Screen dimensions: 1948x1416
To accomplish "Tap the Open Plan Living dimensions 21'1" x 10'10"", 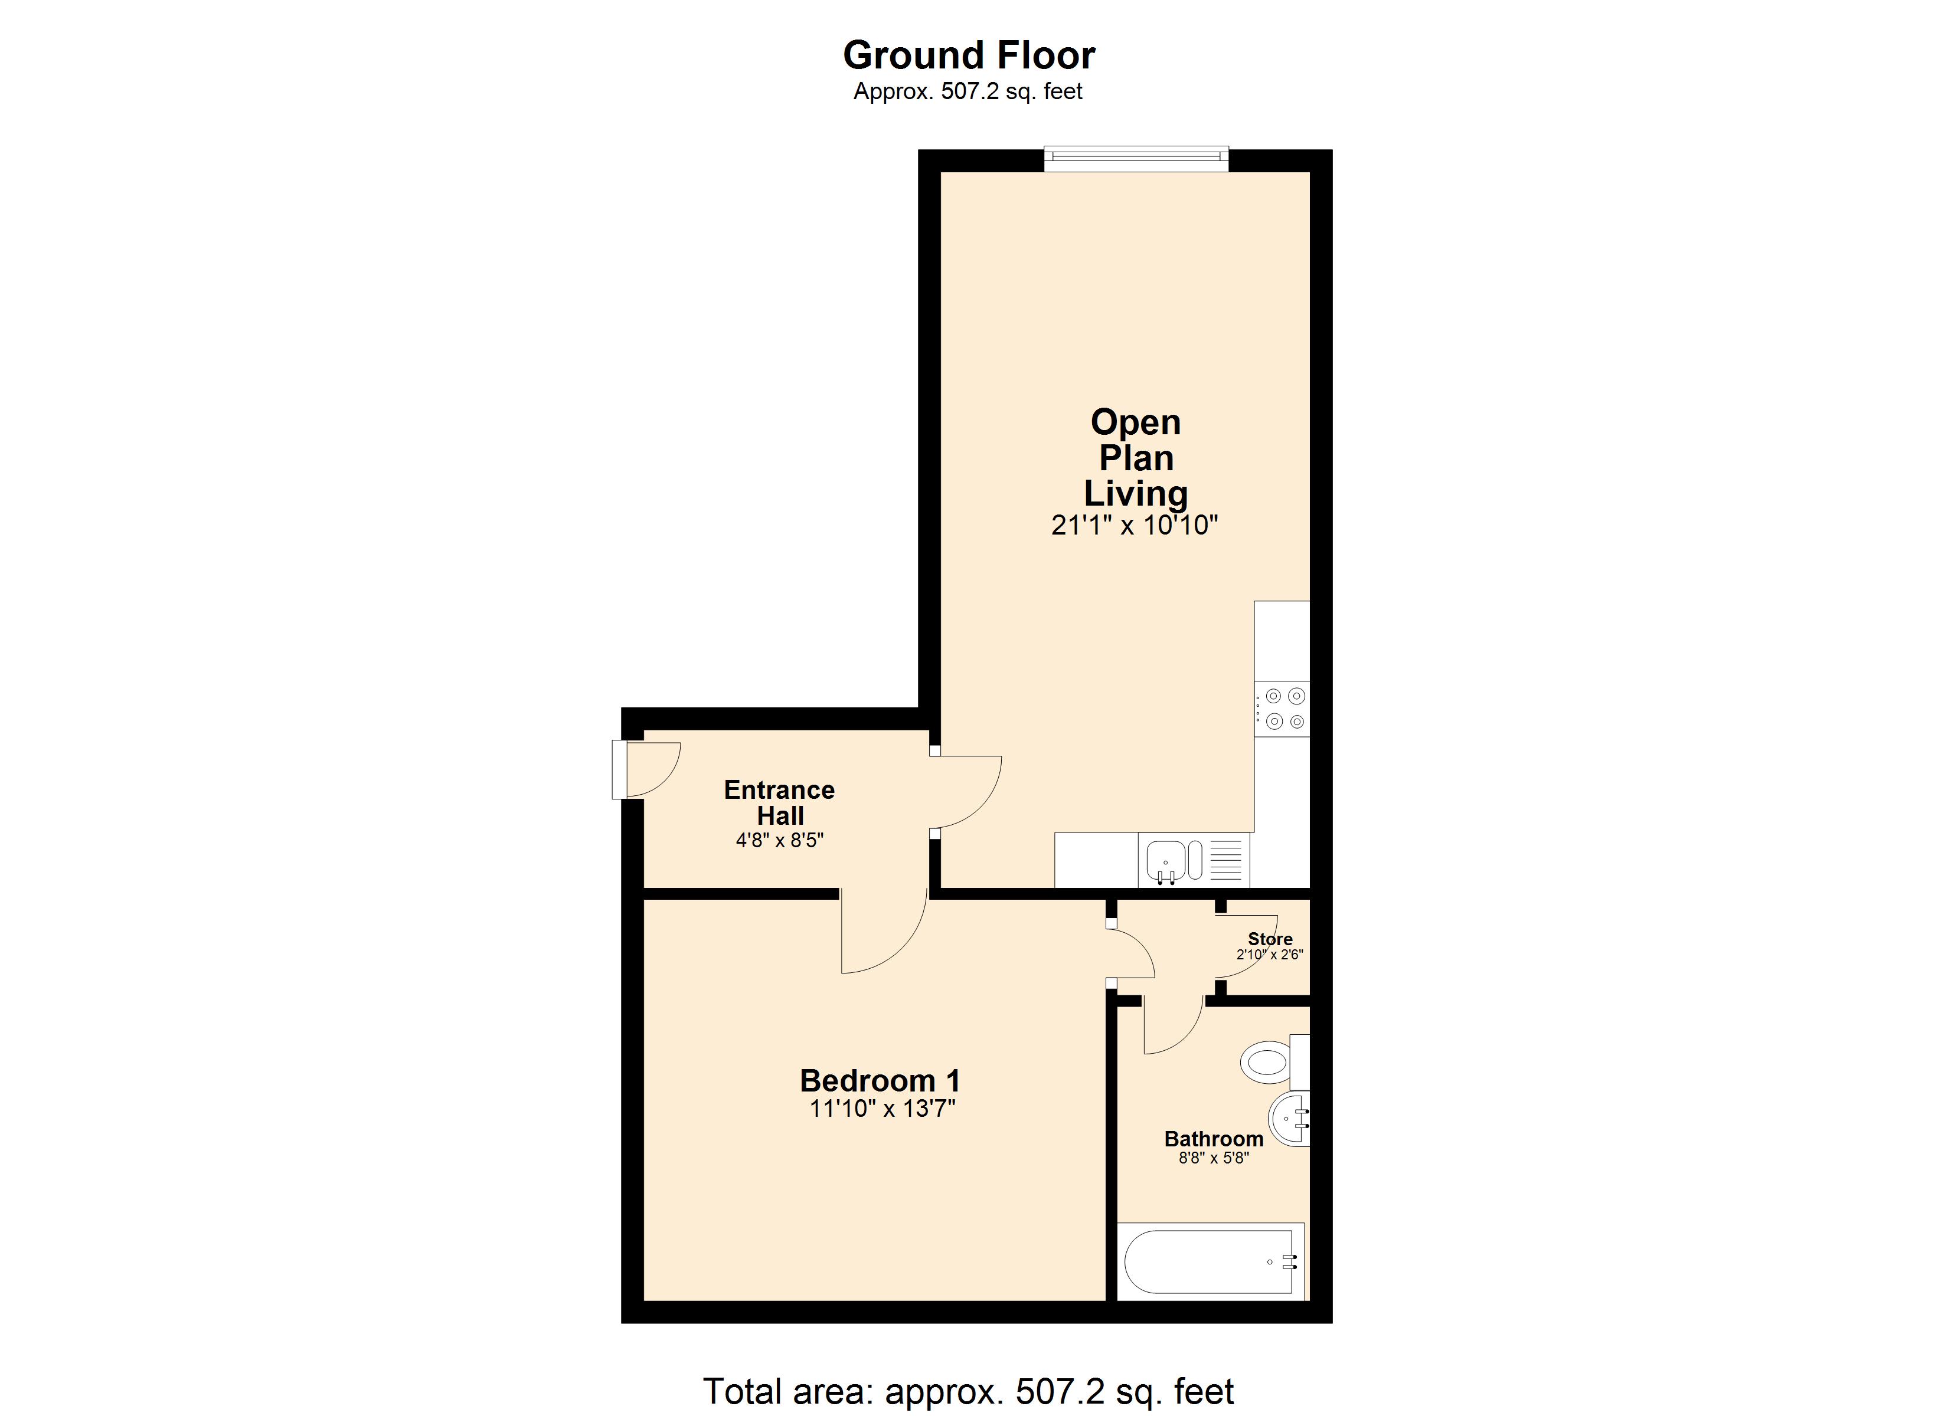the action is click(x=1135, y=525).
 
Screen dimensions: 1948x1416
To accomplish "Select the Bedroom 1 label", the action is click(x=880, y=1080).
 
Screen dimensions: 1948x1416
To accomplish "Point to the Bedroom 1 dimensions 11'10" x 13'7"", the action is click(x=882, y=1109).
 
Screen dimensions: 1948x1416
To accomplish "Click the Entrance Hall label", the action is click(x=779, y=802).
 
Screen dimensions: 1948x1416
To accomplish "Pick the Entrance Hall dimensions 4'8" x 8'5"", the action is click(x=779, y=840).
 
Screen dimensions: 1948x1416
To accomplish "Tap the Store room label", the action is click(x=1270, y=939).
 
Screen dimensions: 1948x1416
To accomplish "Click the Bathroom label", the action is click(x=1214, y=1139).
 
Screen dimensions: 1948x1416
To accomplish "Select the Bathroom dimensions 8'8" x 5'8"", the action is click(x=1214, y=1158).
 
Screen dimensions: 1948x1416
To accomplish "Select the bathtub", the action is click(x=1210, y=1261).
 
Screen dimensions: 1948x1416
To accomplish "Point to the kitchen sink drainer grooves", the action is click(x=1225, y=860).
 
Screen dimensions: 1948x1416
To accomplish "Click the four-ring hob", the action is click(x=1282, y=709).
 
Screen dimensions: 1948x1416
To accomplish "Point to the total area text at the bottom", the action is click(x=968, y=1391).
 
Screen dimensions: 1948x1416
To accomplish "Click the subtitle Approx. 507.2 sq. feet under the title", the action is click(x=968, y=91).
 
